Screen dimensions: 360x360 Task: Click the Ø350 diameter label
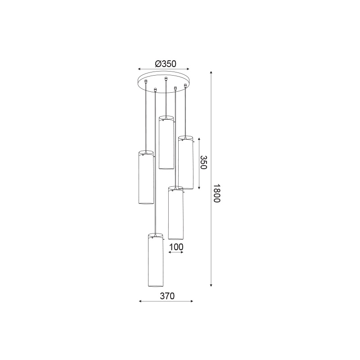point(166,63)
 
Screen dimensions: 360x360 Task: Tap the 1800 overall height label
point(217,193)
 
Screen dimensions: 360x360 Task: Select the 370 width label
point(167,296)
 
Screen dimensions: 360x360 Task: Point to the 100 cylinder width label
point(176,247)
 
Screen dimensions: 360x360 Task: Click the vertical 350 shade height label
point(204,162)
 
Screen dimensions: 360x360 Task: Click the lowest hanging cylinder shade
point(155,260)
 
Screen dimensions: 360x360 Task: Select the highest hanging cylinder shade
point(166,143)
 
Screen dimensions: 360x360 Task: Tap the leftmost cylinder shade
point(146,177)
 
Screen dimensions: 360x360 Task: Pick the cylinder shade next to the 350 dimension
point(186,162)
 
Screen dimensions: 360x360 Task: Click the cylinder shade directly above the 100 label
point(175,213)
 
